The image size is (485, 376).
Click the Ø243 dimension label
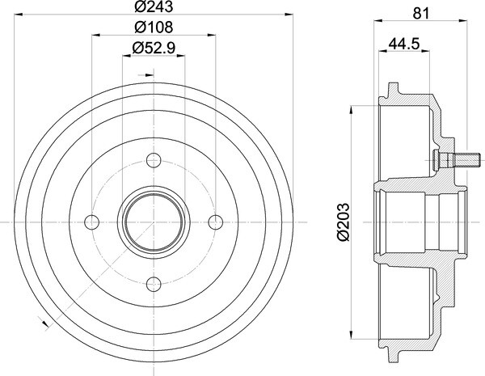[154, 6]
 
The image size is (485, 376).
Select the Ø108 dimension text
[154, 27]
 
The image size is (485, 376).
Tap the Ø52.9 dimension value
[154, 48]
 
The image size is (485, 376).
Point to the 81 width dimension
[421, 14]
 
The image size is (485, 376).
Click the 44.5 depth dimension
[404, 44]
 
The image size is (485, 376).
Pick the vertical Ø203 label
[344, 222]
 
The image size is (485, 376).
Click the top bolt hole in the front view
[154, 160]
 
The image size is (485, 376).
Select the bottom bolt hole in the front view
[154, 284]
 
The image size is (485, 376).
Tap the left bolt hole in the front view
[92, 222]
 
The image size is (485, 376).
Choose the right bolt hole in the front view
[216, 222]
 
